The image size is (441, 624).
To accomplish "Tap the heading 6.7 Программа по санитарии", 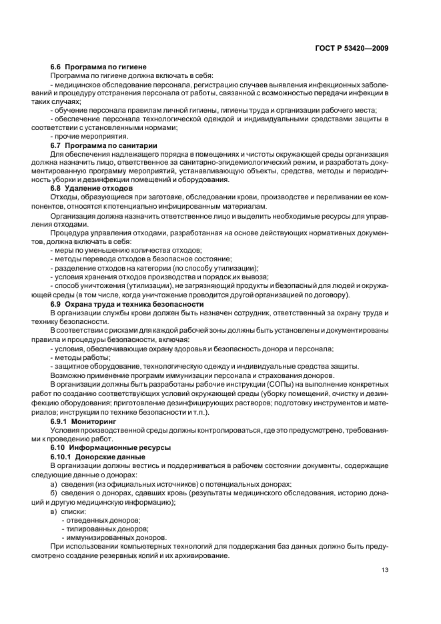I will pyautogui.click(x=103, y=145).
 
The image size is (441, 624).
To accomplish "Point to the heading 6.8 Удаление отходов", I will pyautogui.click(x=91, y=189).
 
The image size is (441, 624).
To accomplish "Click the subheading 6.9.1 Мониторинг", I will pyautogui.click(x=83, y=423).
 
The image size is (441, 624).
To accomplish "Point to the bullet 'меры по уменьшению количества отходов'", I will pyautogui.click(x=117, y=249).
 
